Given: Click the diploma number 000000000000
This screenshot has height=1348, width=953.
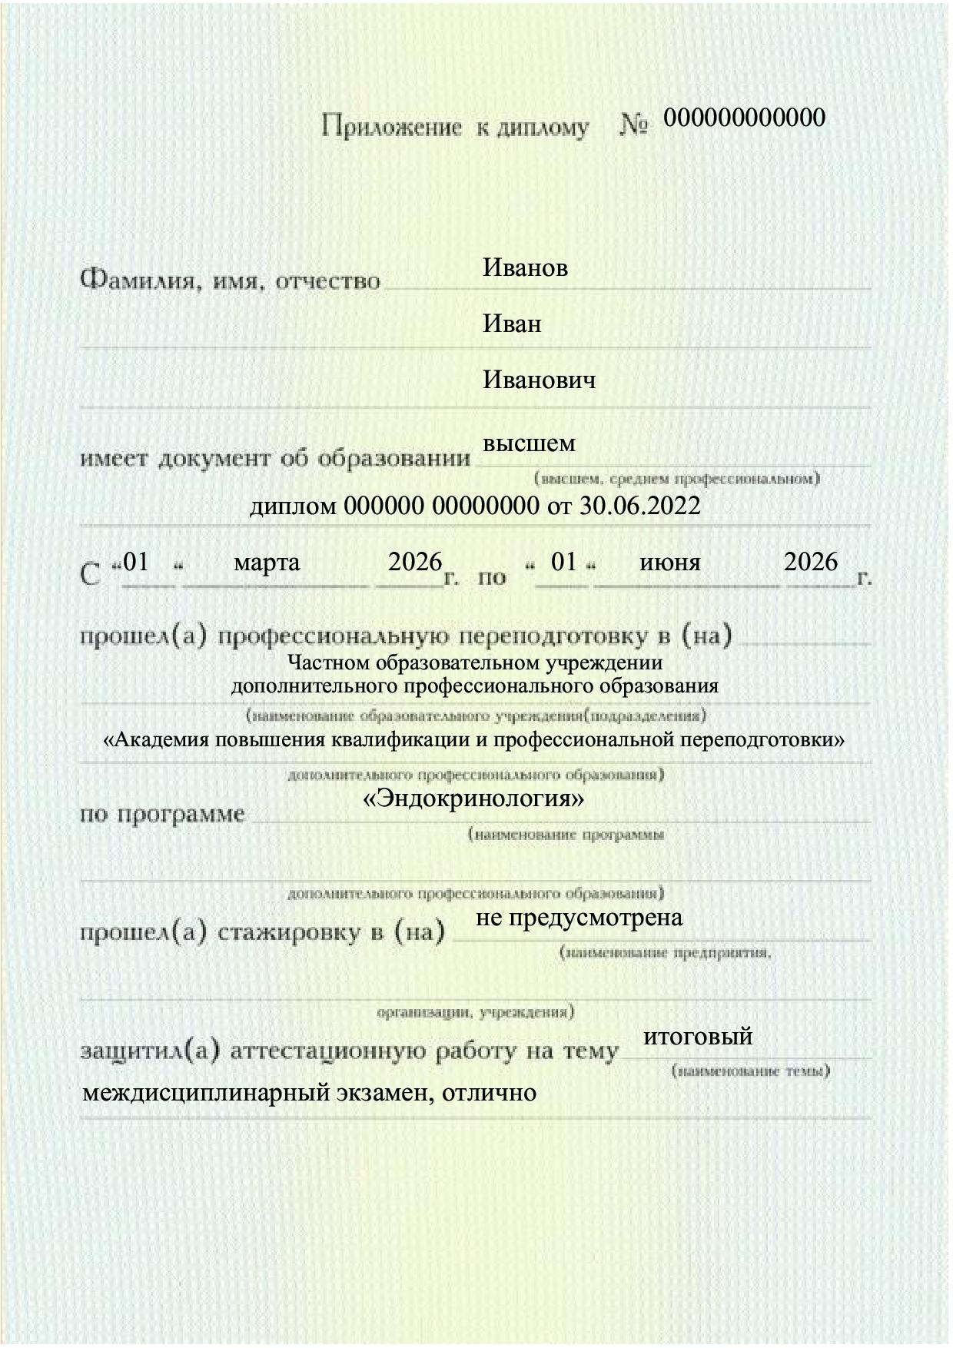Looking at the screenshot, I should click(x=744, y=118).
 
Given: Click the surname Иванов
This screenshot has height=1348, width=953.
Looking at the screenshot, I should click(x=525, y=268).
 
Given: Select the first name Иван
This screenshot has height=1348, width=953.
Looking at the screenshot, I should click(x=512, y=324).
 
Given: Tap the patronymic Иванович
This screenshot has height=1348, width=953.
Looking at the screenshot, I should click(x=539, y=380).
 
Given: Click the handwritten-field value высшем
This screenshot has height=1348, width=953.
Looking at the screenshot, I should click(x=529, y=443).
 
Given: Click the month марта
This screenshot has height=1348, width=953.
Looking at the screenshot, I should click(x=267, y=563).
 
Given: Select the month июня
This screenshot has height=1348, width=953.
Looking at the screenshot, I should click(x=669, y=563).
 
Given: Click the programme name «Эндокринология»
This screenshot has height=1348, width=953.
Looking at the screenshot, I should click(x=473, y=799).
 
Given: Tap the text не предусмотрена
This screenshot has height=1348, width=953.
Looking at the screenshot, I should click(x=579, y=918).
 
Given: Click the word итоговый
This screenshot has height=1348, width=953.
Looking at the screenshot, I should click(x=697, y=1036).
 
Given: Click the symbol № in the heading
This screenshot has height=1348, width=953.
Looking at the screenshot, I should click(x=634, y=126).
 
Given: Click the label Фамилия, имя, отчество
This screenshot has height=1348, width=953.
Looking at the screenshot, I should click(x=231, y=281).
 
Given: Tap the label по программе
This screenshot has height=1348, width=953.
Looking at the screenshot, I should click(x=163, y=814).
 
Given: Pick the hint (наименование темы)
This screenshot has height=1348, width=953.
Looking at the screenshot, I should click(x=750, y=1071).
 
